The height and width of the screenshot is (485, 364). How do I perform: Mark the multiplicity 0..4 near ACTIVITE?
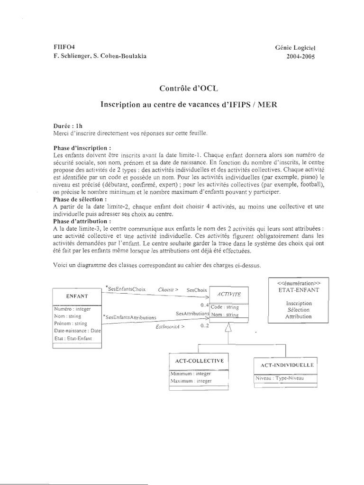coord(205,304)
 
